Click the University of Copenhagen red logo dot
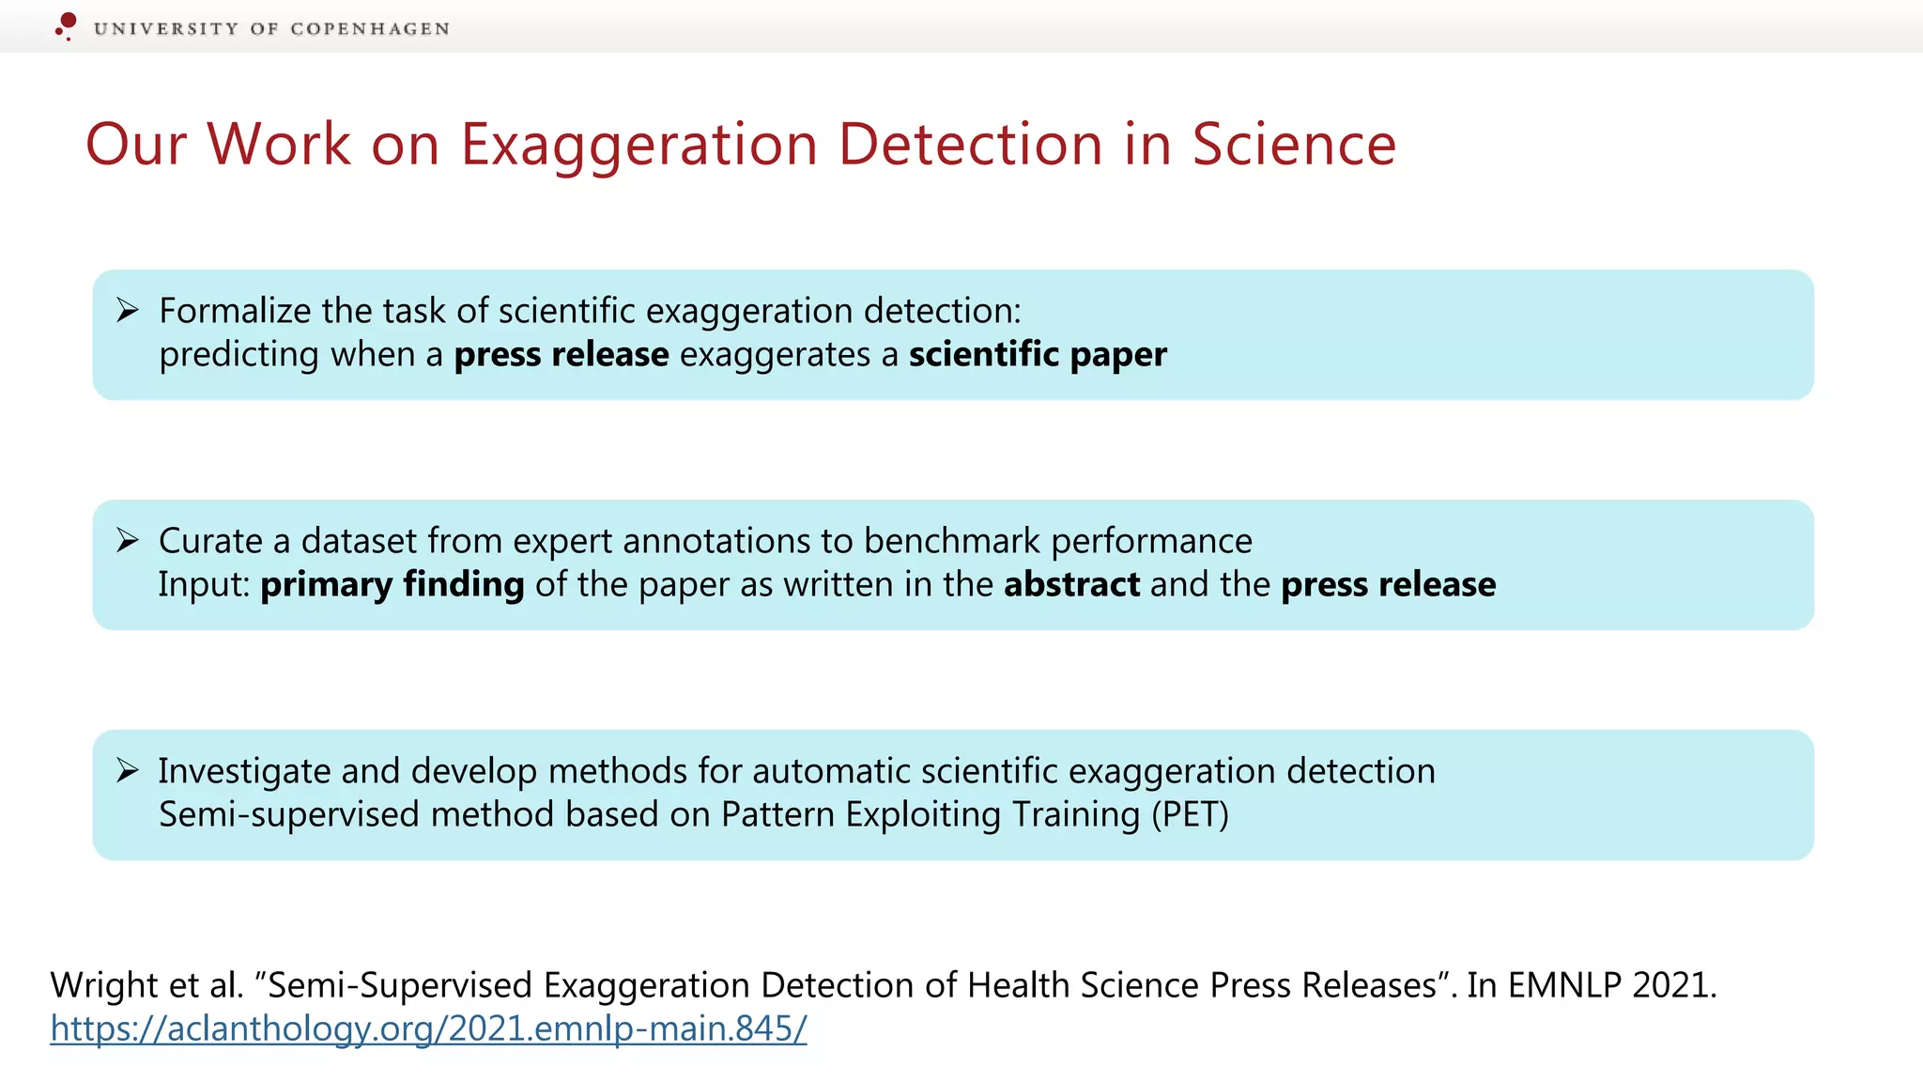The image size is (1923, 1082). pyautogui.click(x=67, y=23)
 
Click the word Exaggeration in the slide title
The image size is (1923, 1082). pyautogui.click(x=638, y=145)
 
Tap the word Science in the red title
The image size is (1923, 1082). pyautogui.click(x=1294, y=145)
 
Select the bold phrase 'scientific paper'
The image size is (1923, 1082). pyautogui.click(x=1038, y=355)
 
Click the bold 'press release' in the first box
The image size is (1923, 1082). pyautogui.click(x=562, y=355)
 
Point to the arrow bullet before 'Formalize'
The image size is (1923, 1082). pyautogui.click(x=128, y=310)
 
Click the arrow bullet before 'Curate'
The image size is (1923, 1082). pyautogui.click(x=128, y=540)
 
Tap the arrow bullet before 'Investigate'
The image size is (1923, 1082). pyautogui.click(x=128, y=770)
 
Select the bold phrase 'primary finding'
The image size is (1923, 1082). pyautogui.click(x=392, y=585)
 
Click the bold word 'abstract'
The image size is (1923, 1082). pyautogui.click(x=1071, y=585)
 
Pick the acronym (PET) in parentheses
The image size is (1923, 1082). pyautogui.click(x=1190, y=814)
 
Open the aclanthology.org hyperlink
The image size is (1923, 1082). pyautogui.click(x=428, y=1028)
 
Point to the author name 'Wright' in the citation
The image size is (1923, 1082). pyautogui.click(x=104, y=985)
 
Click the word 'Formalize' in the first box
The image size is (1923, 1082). pyautogui.click(x=235, y=311)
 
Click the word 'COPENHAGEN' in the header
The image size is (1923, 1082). pyautogui.click(x=370, y=29)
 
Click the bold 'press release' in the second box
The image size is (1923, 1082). pyautogui.click(x=1388, y=585)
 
